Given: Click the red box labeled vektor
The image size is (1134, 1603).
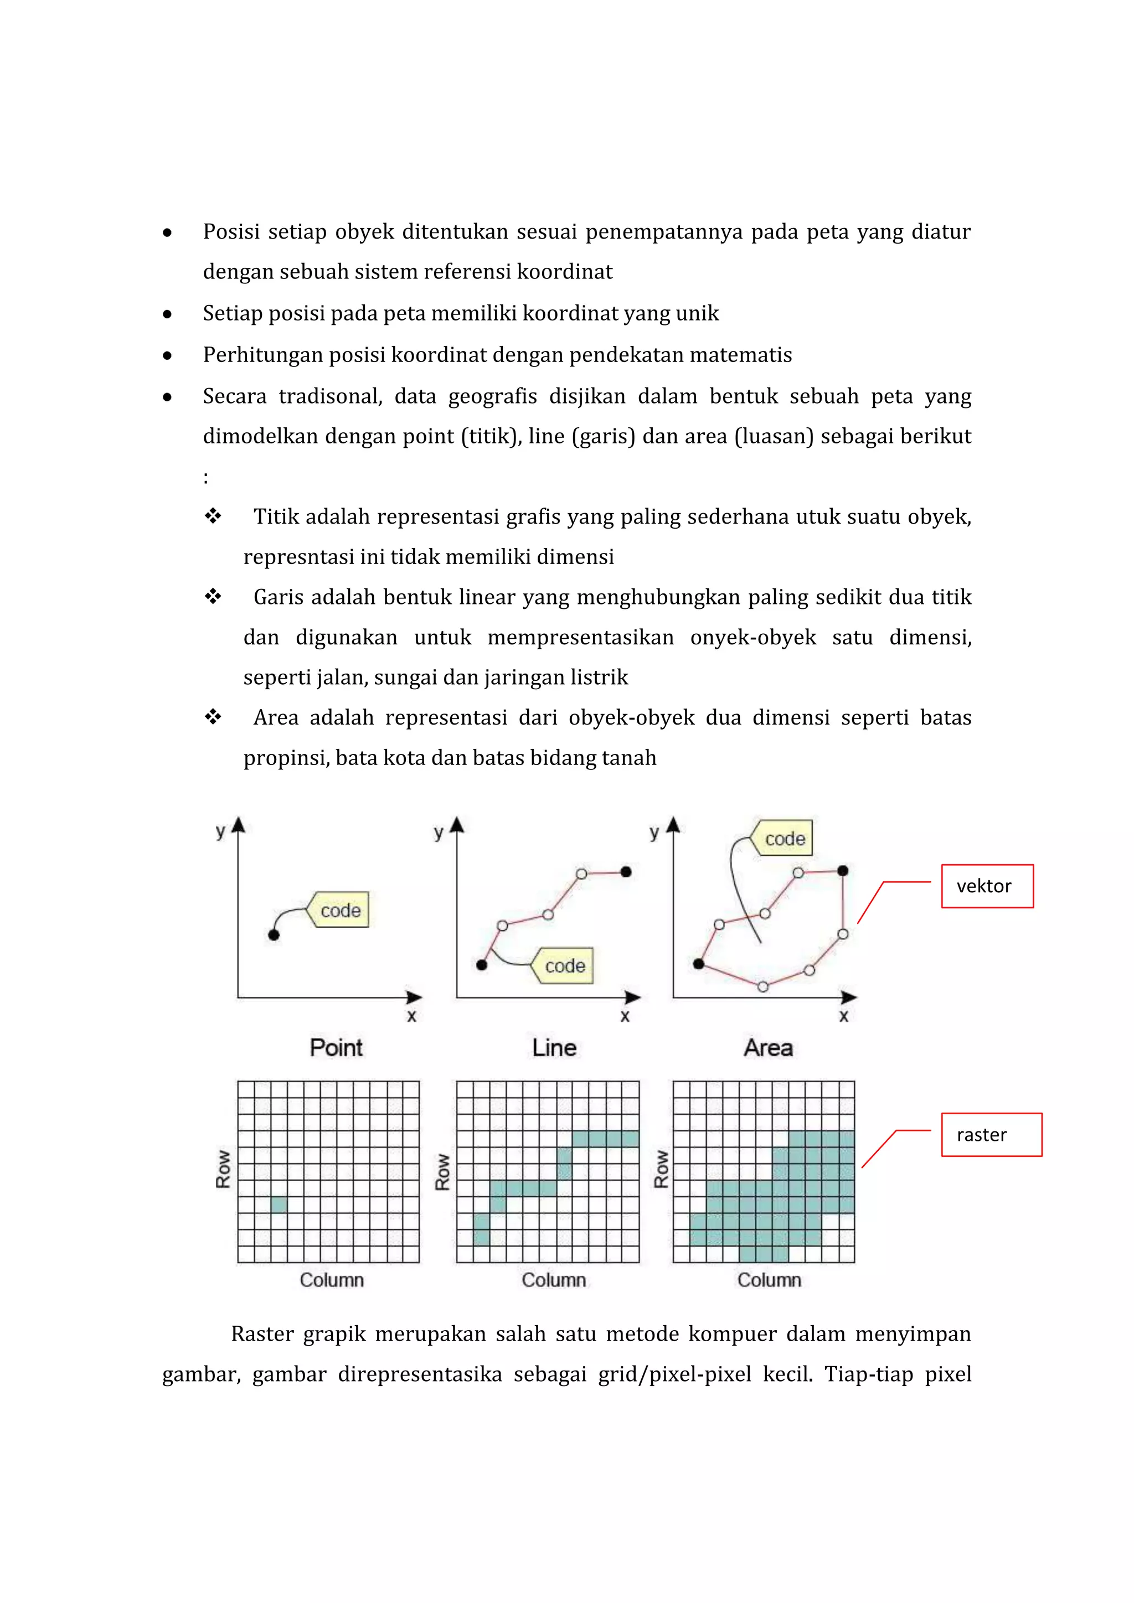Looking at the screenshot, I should point(987,886).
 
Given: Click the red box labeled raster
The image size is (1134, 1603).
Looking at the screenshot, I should point(991,1135).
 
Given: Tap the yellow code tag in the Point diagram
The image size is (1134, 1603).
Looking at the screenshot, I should point(340,910).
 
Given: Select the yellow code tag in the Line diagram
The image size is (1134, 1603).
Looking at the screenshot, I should point(564,965).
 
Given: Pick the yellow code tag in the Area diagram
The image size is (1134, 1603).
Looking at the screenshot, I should point(784,838).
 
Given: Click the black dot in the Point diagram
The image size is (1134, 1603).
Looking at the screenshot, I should point(274,935).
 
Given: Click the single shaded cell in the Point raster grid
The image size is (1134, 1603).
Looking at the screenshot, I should point(279,1204).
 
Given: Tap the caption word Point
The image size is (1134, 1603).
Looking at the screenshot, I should point(336,1047).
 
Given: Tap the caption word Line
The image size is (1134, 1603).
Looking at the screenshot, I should point(554,1047).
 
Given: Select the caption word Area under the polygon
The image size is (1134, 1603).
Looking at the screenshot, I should point(768,1047).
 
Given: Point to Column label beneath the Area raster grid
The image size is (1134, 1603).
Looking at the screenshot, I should point(769,1280).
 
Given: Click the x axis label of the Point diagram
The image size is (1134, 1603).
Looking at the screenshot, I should point(411,1016).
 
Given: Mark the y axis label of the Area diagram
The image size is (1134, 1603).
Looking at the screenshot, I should point(654,831).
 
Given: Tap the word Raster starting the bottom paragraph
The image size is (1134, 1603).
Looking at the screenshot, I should point(262,1333).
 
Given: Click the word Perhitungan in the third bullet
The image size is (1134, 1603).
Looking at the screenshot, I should point(262,355).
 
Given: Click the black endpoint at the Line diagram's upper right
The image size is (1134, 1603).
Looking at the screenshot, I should point(626,871).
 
